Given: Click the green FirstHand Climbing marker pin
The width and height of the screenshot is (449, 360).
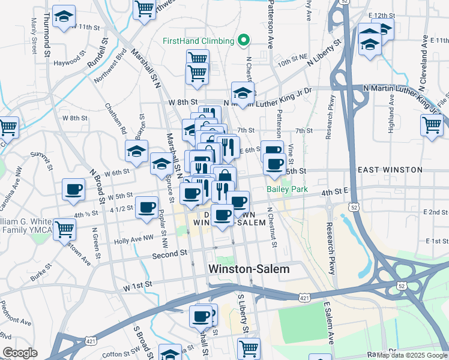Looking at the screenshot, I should pos(243,41).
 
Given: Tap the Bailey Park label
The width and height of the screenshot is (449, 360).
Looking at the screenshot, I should pos(287,189).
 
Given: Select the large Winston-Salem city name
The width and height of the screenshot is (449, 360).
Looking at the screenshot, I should pos(249,269).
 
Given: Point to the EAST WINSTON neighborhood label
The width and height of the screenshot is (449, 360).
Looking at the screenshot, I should pos(390,170).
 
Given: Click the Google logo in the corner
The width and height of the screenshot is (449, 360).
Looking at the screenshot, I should pos(20,353).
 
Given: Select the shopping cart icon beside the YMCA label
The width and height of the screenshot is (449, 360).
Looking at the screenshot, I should pos(65,228).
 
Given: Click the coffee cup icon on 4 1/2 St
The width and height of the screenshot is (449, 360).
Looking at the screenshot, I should pos(146,208).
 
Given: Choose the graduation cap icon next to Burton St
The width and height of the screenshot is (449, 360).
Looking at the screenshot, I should pos(137,151).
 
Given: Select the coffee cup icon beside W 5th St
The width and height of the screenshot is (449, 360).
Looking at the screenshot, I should pos(73,189).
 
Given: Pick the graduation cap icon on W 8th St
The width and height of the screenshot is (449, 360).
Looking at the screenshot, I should pos(243,93).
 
